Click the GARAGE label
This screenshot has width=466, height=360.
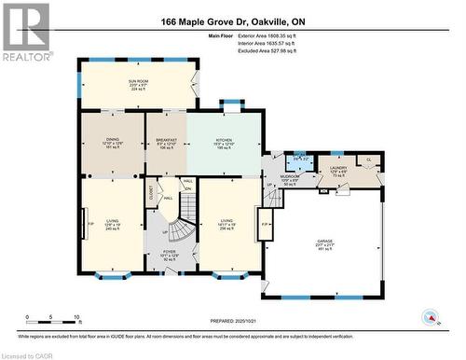click(324, 243)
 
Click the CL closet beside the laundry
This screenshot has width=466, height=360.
click(368, 159)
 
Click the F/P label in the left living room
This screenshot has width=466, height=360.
click(90, 224)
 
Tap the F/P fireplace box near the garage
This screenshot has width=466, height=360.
click(265, 225)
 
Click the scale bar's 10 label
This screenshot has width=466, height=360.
click(75, 317)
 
